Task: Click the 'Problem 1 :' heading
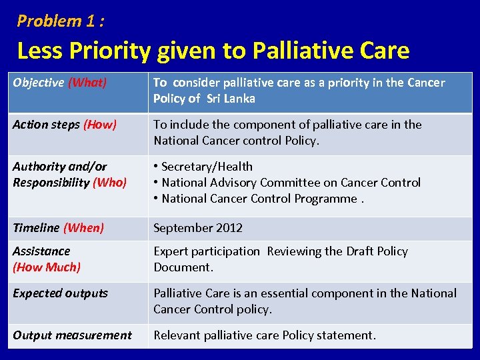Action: point(61,21)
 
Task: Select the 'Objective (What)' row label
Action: point(59,83)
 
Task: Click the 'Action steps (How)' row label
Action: point(65,125)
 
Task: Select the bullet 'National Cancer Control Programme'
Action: point(260,199)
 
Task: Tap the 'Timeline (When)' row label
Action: point(59,228)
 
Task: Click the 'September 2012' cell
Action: point(198,228)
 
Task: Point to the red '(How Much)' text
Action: point(47,267)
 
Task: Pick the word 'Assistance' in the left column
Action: point(41,251)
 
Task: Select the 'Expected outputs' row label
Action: point(61,293)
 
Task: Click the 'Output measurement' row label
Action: point(72,335)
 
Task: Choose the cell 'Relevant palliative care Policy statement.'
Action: point(265,335)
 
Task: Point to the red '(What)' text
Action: point(87,83)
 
